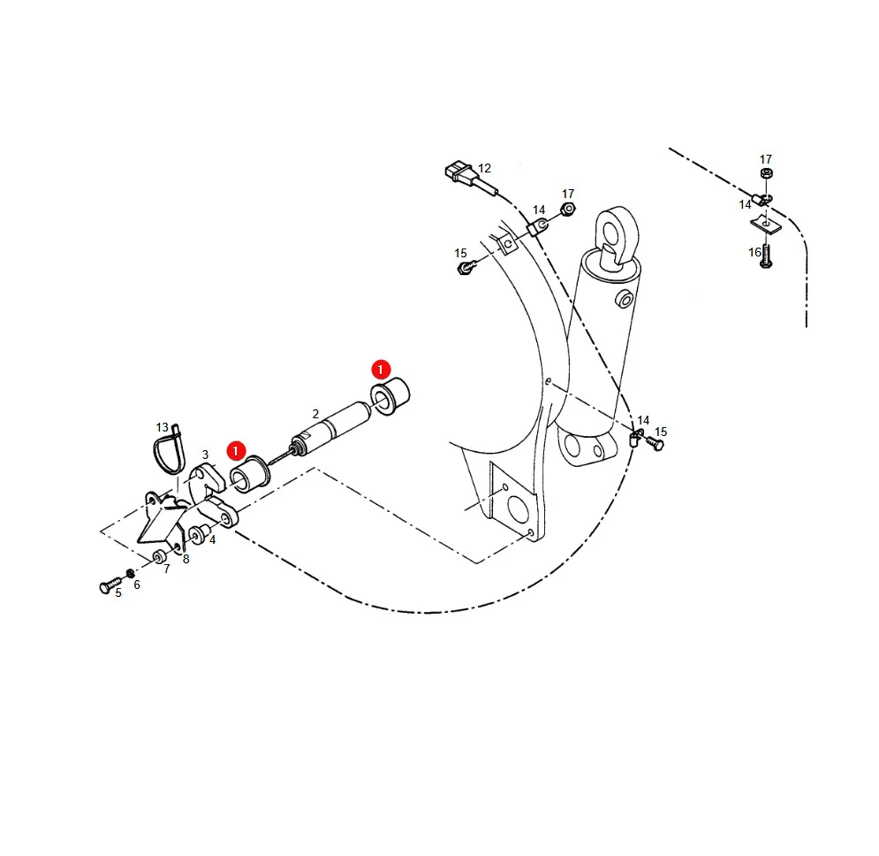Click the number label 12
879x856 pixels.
pyautogui.click(x=484, y=168)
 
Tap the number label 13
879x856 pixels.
pyautogui.click(x=162, y=428)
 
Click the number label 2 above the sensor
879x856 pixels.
pyautogui.click(x=315, y=414)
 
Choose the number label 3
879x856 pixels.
pyautogui.click(x=205, y=455)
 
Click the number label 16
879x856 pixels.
pyautogui.click(x=755, y=253)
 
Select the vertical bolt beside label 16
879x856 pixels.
pyautogui.click(x=766, y=256)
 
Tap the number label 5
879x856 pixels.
pyautogui.click(x=118, y=593)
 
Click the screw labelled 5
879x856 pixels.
pyautogui.click(x=110, y=585)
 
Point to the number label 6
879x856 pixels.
pyautogui.click(x=137, y=585)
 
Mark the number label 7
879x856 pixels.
pyautogui.click(x=166, y=569)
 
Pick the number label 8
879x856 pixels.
pyautogui.click(x=186, y=560)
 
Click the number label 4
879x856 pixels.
pyautogui.click(x=213, y=540)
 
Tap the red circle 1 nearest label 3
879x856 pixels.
pyautogui.click(x=236, y=451)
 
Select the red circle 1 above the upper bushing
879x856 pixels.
pyautogui.click(x=382, y=370)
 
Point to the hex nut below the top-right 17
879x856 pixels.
pyautogui.click(x=766, y=173)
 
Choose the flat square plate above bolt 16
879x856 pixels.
pyautogui.click(x=766, y=225)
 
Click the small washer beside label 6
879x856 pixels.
pyautogui.click(x=130, y=573)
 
